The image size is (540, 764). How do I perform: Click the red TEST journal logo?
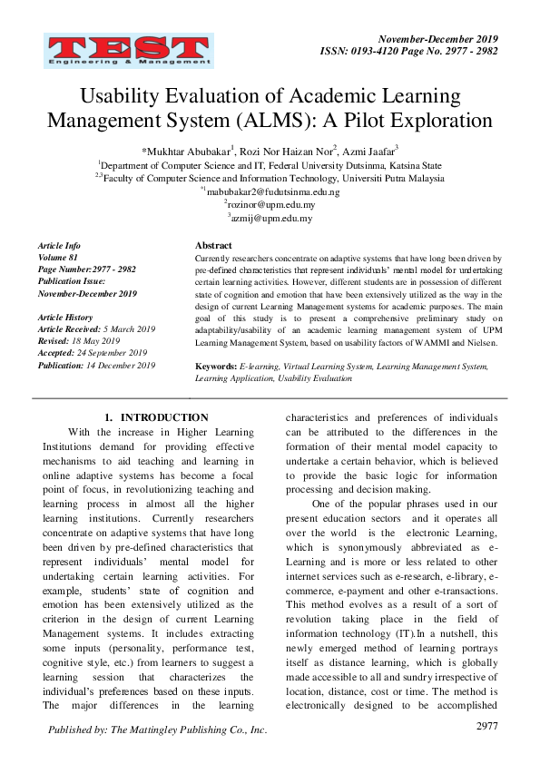tap(126, 53)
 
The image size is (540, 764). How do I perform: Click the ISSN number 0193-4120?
tap(395, 53)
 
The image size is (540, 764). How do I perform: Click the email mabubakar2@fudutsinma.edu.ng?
tap(272, 192)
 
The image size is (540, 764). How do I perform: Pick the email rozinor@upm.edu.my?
tap(272, 205)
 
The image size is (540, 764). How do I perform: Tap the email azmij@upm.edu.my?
tap(272, 218)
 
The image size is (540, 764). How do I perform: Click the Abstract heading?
tap(213, 246)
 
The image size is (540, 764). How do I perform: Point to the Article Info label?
tap(59, 246)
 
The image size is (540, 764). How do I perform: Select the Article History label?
tap(65, 318)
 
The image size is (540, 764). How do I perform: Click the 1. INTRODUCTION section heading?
tap(156, 417)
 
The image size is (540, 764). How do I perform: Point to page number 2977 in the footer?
tap(487, 727)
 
